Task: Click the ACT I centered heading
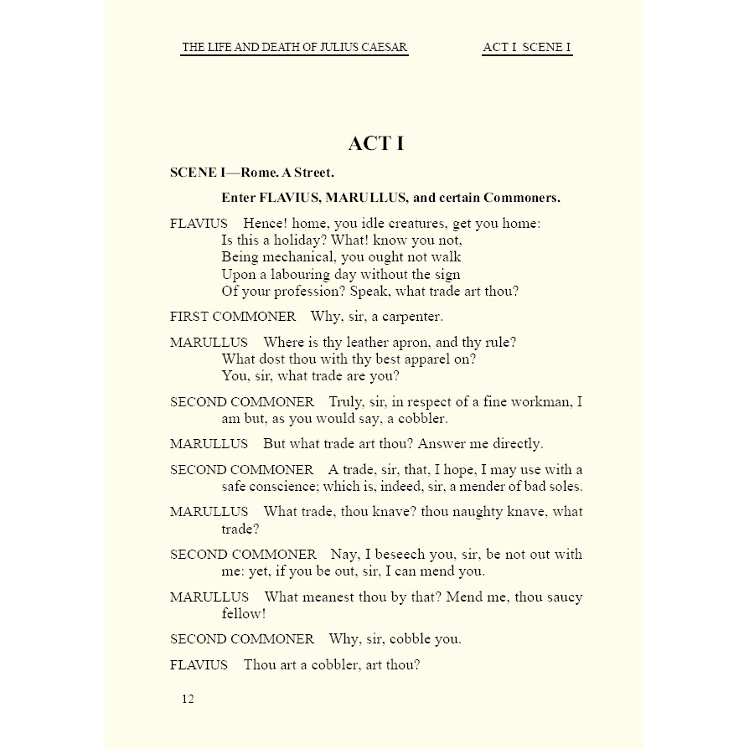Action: point(375,143)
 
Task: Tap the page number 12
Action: point(188,699)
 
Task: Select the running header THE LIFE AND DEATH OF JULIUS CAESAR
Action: point(295,48)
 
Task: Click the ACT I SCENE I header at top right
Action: point(527,48)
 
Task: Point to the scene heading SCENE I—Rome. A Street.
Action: point(252,173)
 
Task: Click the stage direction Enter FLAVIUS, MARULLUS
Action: point(390,198)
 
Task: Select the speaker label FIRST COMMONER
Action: point(233,317)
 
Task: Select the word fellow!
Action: point(244,613)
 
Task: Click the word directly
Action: point(514,443)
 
